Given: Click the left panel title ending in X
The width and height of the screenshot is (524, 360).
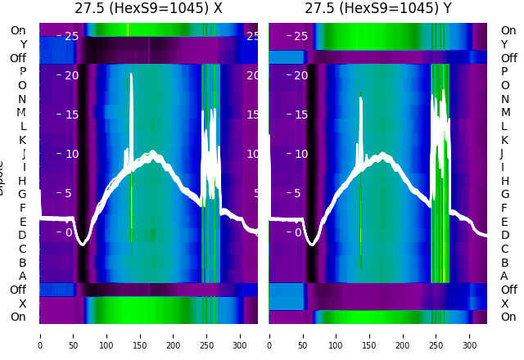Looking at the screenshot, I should pos(148,9).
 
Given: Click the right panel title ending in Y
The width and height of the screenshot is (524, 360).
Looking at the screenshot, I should pos(378,9).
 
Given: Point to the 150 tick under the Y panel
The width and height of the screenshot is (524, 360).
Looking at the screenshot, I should pos(370,335).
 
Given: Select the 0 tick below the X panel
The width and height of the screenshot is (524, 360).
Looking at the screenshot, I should pos(40,335).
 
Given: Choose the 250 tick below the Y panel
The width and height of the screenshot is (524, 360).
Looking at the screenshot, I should pos(437,335).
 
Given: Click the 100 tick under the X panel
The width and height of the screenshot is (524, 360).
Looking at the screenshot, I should pos(107,335).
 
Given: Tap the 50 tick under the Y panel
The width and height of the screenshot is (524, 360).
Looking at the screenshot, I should pos(303,335).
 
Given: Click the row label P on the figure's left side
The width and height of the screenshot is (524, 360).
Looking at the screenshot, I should pos(22,71).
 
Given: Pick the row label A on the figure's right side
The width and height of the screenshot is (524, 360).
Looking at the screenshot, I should pos(504,277).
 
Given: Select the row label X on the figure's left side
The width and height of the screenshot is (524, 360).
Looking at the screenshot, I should pos(22,304).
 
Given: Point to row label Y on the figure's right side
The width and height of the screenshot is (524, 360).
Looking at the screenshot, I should pos(504,44).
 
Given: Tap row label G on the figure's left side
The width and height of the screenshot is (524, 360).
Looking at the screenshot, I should pos(22,194).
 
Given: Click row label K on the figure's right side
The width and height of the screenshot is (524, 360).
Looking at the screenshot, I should pos(504,140).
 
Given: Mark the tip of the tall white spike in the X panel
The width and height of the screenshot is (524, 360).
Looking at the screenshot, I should pos(131,74).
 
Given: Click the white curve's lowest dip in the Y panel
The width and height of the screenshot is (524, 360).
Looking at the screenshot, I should pos(312,243).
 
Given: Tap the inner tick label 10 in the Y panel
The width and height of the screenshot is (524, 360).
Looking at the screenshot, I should pos(300,154).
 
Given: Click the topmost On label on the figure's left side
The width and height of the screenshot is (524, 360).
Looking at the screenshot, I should pos(18,30).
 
